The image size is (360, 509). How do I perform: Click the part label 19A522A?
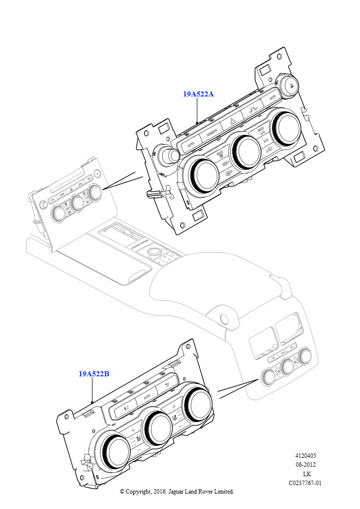pyautogui.click(x=198, y=94)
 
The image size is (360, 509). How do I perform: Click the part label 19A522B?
pyautogui.click(x=93, y=374)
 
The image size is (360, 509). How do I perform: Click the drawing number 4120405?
pyautogui.click(x=305, y=456)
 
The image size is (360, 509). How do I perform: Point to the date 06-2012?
pyautogui.click(x=305, y=465)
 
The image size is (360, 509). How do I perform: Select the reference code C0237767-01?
pyautogui.click(x=305, y=483)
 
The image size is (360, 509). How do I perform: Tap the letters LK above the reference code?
pyautogui.click(x=307, y=474)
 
